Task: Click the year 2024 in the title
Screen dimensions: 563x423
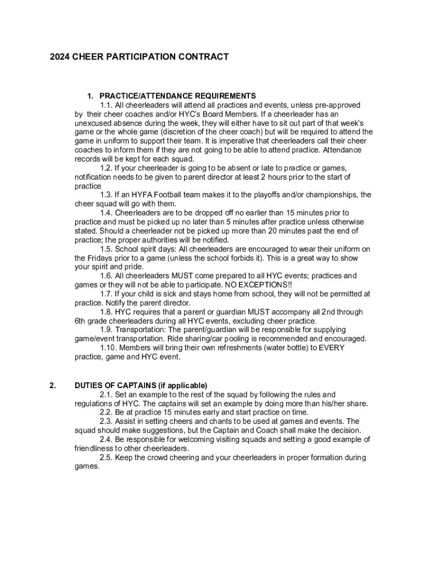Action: pos(60,57)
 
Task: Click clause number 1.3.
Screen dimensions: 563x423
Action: pos(107,195)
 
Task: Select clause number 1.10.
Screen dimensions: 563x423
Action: pos(109,347)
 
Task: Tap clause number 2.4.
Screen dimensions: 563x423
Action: pos(107,439)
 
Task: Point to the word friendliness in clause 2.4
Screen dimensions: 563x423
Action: pos(96,448)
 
